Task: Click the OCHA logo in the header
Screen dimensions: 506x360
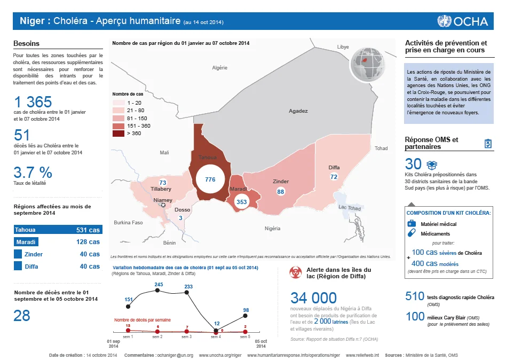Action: pos(462,21)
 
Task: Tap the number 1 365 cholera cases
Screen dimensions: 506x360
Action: pos(33,102)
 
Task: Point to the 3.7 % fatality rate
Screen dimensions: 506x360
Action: pos(33,173)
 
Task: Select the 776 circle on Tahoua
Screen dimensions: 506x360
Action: pos(210,179)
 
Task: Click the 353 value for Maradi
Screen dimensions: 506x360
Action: pos(242,202)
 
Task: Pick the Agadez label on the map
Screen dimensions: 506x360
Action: pos(298,111)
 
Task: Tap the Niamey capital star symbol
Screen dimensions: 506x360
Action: pos(163,205)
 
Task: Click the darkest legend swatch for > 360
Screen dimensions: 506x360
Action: pos(118,134)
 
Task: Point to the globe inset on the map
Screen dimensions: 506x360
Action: pos(368,64)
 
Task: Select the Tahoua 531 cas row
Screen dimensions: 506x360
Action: pos(58,230)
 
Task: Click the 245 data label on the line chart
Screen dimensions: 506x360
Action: pos(159,285)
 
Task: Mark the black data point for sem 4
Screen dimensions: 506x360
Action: pos(216,330)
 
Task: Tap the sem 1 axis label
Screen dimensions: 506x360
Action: pos(128,336)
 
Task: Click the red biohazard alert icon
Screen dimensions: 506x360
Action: pos(295,273)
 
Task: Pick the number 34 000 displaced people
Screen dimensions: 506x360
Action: pos(313,298)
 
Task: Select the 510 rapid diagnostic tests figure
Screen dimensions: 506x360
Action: pos(415,296)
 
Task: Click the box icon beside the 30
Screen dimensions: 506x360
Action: pos(432,165)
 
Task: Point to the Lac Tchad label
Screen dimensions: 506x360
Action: pos(350,208)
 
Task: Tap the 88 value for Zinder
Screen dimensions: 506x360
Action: pos(281,192)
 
